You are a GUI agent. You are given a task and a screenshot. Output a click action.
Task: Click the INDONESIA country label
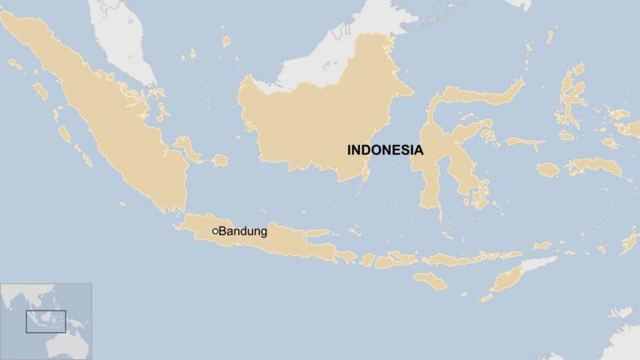click(x=385, y=150)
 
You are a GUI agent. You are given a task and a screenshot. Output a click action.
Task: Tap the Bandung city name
click(x=243, y=231)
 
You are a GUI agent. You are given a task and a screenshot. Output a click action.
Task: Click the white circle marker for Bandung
click(x=215, y=231)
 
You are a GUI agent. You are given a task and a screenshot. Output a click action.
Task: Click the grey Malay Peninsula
click(x=128, y=40)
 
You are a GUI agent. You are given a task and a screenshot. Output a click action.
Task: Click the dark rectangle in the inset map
click(x=46, y=321)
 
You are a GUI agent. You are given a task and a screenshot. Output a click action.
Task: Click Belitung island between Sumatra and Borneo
click(x=219, y=160)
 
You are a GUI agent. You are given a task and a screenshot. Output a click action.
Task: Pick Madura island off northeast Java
click(x=316, y=234)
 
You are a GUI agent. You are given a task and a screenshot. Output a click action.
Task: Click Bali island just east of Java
click(x=346, y=256)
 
